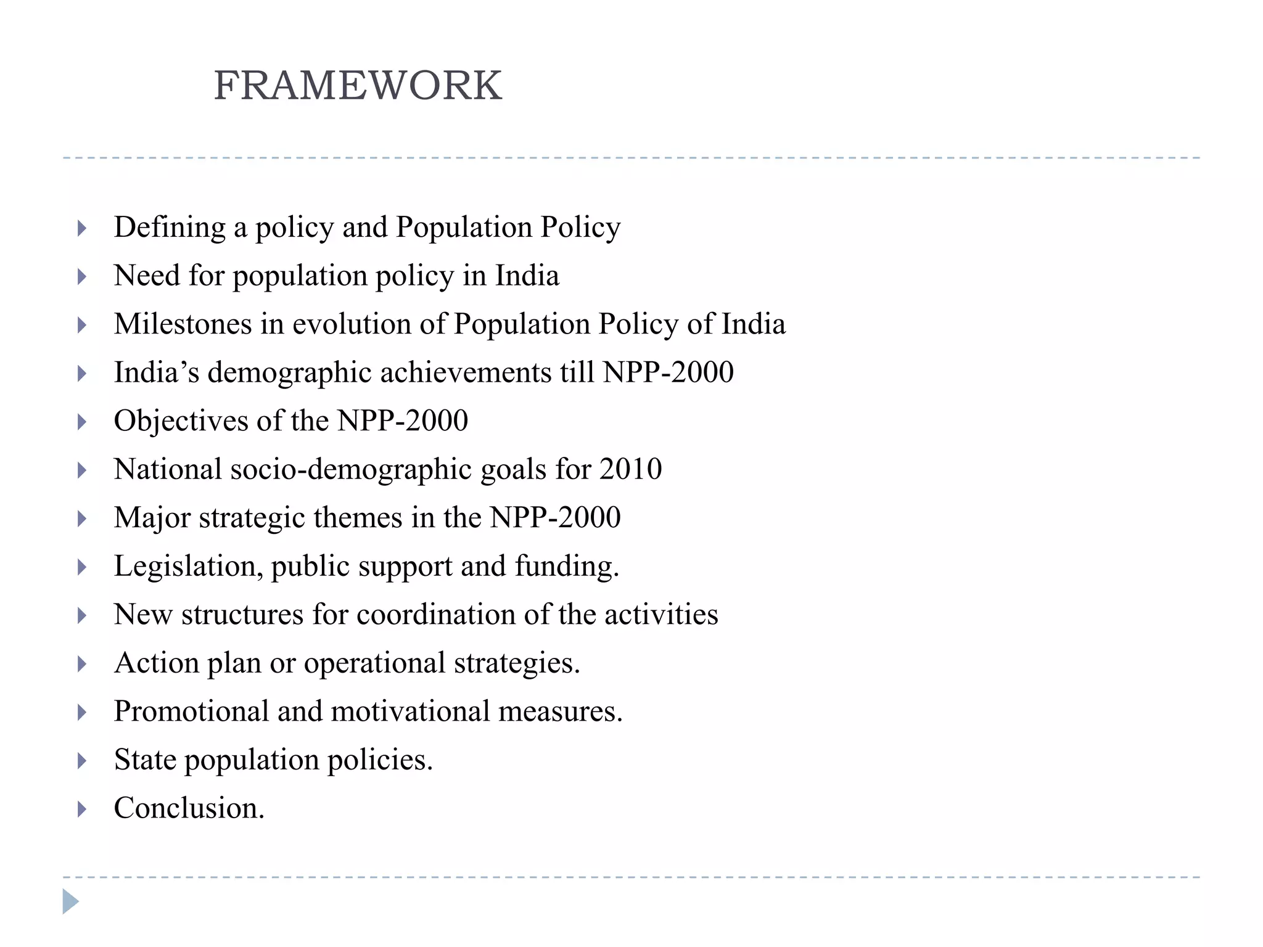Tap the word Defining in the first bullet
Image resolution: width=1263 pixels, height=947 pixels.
pos(170,228)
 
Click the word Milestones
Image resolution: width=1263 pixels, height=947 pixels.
pos(183,324)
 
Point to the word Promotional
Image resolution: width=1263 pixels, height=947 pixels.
pos(191,711)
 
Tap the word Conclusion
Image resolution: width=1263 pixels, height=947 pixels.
pos(189,808)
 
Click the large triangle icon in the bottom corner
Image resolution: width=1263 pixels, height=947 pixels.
pos(70,901)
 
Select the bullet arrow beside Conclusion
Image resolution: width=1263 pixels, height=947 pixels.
pos(81,809)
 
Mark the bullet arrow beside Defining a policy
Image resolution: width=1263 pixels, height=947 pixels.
pos(81,229)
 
